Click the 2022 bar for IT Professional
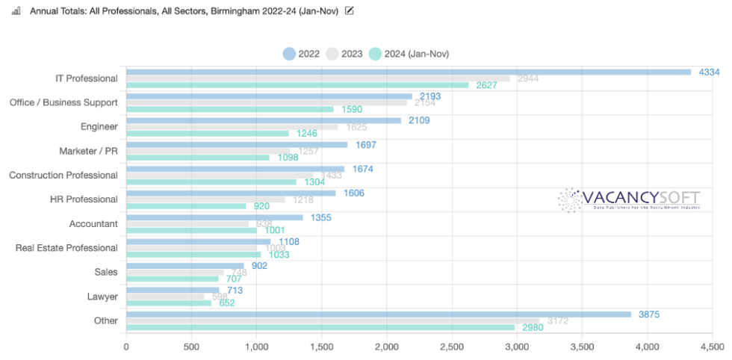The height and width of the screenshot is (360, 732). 409,72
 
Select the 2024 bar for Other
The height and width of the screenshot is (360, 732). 320,327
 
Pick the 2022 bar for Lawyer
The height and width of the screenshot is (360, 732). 173,291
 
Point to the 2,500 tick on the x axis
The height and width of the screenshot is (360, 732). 451,347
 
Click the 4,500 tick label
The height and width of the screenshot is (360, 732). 710,347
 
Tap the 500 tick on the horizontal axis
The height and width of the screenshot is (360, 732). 191,347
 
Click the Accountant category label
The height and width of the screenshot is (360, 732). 93,223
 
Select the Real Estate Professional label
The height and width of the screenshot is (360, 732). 66,248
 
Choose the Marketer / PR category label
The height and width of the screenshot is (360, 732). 88,151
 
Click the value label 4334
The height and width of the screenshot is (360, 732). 709,72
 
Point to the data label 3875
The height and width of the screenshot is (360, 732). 648,314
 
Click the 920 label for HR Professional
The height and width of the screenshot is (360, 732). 261,206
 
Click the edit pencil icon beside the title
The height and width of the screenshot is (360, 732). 350,10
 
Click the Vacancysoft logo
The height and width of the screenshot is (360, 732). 629,200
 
